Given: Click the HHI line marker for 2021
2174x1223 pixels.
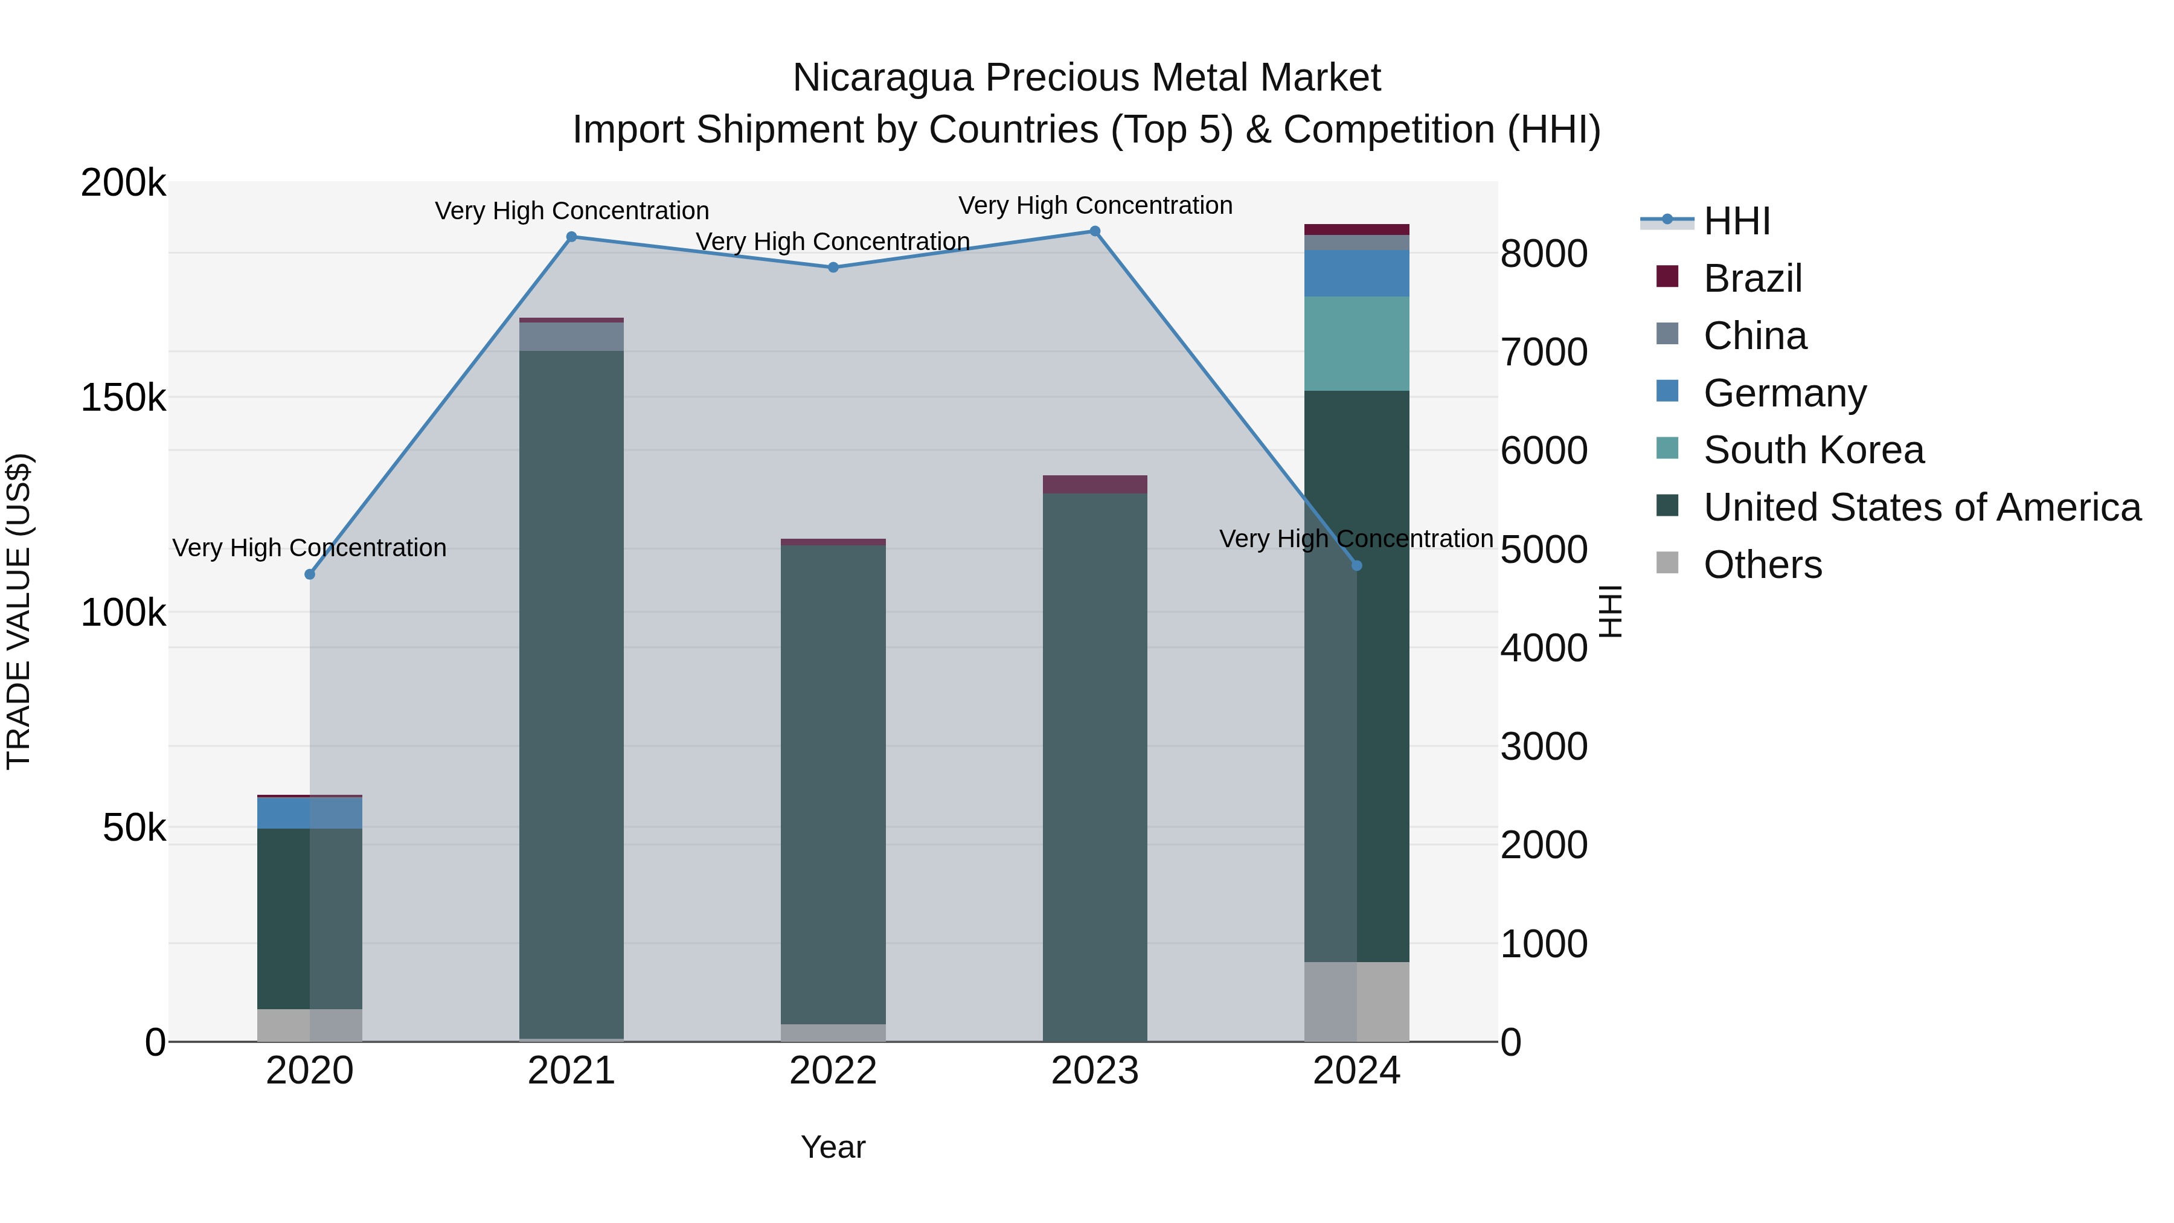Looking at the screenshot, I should [x=571, y=237].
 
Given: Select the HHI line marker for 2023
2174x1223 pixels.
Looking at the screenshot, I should [x=1095, y=231].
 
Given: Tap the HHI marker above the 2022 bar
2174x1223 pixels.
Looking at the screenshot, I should [x=833, y=268].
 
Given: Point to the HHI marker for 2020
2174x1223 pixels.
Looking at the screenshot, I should [x=310, y=575].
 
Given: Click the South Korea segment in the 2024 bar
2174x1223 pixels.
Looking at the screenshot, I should [x=1356, y=344].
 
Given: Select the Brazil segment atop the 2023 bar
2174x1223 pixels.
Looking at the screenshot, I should [x=1095, y=484].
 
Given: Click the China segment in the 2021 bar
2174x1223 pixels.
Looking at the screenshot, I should [x=571, y=336].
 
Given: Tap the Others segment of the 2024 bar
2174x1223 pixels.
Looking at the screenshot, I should [x=1356, y=1002].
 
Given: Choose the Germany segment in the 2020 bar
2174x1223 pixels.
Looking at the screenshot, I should [x=310, y=814].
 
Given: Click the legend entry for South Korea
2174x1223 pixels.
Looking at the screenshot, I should [x=1813, y=450].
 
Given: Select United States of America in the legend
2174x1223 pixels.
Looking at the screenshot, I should [x=1921, y=507].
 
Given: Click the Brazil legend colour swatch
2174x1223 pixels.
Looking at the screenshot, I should [x=1667, y=277].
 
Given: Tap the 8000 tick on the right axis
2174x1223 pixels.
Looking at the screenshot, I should [x=1544, y=253].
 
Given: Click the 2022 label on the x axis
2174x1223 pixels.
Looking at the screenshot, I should [x=833, y=1071].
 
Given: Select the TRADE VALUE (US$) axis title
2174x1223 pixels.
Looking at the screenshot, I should [x=19, y=611].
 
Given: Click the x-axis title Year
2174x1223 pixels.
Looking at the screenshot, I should [x=833, y=1147].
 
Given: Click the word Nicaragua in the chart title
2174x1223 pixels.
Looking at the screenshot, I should [x=883, y=78].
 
